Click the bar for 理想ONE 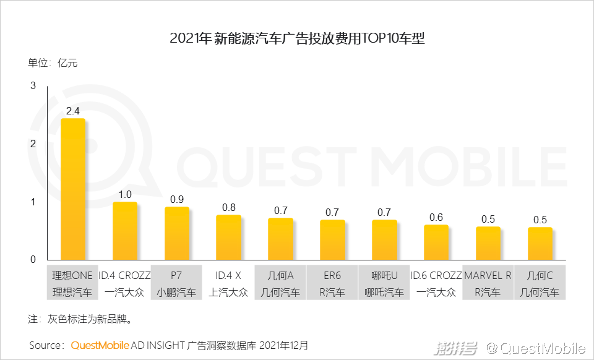[x=72, y=189]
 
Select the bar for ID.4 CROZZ [x=124, y=231]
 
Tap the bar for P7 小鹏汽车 [x=176, y=233]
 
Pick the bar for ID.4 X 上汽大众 [x=228, y=237]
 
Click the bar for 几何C [x=540, y=244]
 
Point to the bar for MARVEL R [x=488, y=243]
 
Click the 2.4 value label [x=72, y=111]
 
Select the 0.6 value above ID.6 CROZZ [x=436, y=217]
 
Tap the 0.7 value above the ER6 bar [x=332, y=212]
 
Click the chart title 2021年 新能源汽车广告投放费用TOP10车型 [x=297, y=38]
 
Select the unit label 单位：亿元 [x=53, y=62]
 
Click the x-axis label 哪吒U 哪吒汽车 [x=384, y=283]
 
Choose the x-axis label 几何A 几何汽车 [x=280, y=283]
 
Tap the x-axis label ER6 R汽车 [x=332, y=283]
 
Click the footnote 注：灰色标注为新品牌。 [x=80, y=320]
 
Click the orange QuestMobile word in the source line [x=100, y=345]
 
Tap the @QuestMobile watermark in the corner [x=535, y=348]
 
